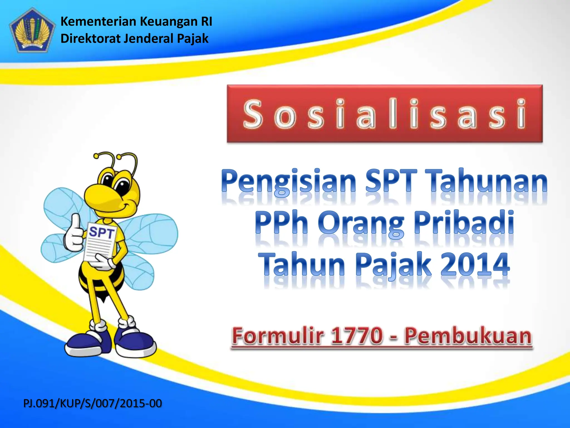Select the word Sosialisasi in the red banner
click(384, 114)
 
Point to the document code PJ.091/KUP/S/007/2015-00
click(92, 403)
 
